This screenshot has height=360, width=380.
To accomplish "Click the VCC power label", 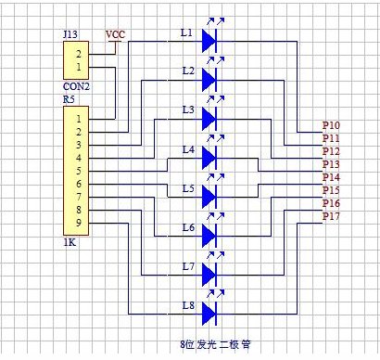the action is [x=115, y=34].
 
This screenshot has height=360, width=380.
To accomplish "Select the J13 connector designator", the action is [x=70, y=34].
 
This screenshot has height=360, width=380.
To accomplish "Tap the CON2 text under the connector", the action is [x=76, y=86].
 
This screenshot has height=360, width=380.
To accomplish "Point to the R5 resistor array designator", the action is [x=69, y=99].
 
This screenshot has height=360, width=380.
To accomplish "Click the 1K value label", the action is [x=70, y=242].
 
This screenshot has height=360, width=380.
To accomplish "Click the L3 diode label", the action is [x=188, y=110].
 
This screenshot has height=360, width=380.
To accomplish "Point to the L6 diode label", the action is [x=188, y=228].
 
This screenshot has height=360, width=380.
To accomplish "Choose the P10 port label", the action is [x=331, y=125].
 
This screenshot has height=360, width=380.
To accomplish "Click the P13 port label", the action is [x=331, y=164].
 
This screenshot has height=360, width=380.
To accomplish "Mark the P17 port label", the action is [x=331, y=216].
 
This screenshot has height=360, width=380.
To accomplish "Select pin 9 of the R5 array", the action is [x=79, y=223].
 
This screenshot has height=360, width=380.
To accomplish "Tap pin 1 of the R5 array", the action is [x=79, y=119].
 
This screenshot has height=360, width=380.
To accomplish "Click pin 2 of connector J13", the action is [x=79, y=54].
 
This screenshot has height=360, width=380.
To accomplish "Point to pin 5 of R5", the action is [x=79, y=171].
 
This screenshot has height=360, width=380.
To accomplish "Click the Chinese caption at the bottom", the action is [x=215, y=344].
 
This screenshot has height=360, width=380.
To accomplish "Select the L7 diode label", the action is [x=188, y=266].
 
